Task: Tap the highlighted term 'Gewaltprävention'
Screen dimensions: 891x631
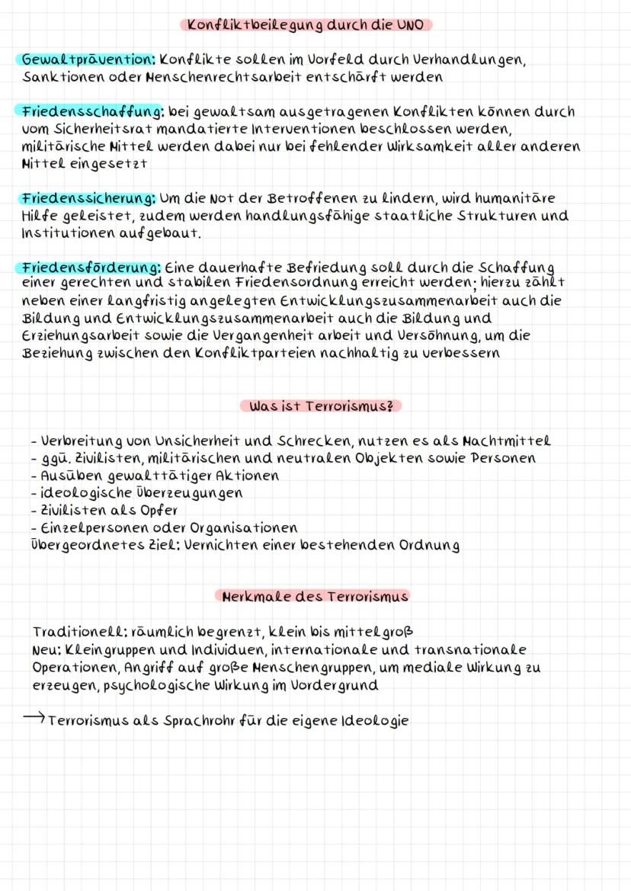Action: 86,59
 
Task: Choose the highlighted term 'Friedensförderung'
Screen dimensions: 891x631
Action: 91,268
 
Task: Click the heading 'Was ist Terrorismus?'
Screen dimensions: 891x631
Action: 321,405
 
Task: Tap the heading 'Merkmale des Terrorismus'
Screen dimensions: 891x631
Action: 315,596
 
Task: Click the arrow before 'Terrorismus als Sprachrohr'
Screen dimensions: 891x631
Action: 37,719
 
